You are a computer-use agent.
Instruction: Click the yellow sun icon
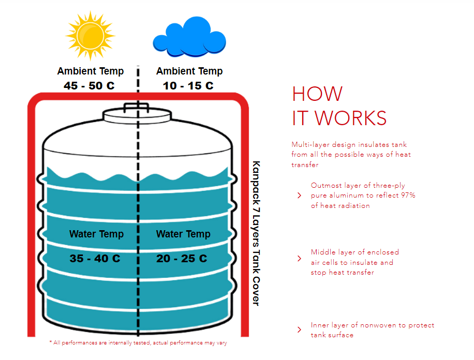click(x=90, y=35)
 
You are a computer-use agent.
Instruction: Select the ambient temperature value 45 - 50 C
click(x=90, y=86)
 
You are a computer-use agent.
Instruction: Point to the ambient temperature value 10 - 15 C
click(x=188, y=86)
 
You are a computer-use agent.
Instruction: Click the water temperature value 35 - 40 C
click(x=95, y=258)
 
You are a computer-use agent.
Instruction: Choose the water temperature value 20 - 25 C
click(x=182, y=258)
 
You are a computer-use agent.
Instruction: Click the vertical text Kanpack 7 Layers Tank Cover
click(x=255, y=233)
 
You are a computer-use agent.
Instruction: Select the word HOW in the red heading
click(x=317, y=94)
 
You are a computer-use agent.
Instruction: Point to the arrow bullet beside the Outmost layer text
click(x=299, y=196)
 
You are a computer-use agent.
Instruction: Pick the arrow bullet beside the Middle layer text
click(x=299, y=259)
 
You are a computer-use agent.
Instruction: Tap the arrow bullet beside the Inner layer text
click(x=299, y=330)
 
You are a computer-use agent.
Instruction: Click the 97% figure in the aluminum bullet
click(x=407, y=196)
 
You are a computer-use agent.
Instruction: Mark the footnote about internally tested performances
click(x=138, y=343)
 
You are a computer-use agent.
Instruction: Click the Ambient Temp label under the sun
click(x=91, y=71)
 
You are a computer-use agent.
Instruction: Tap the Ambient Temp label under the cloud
click(x=189, y=71)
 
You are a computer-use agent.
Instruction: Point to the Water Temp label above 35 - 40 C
click(x=96, y=234)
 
